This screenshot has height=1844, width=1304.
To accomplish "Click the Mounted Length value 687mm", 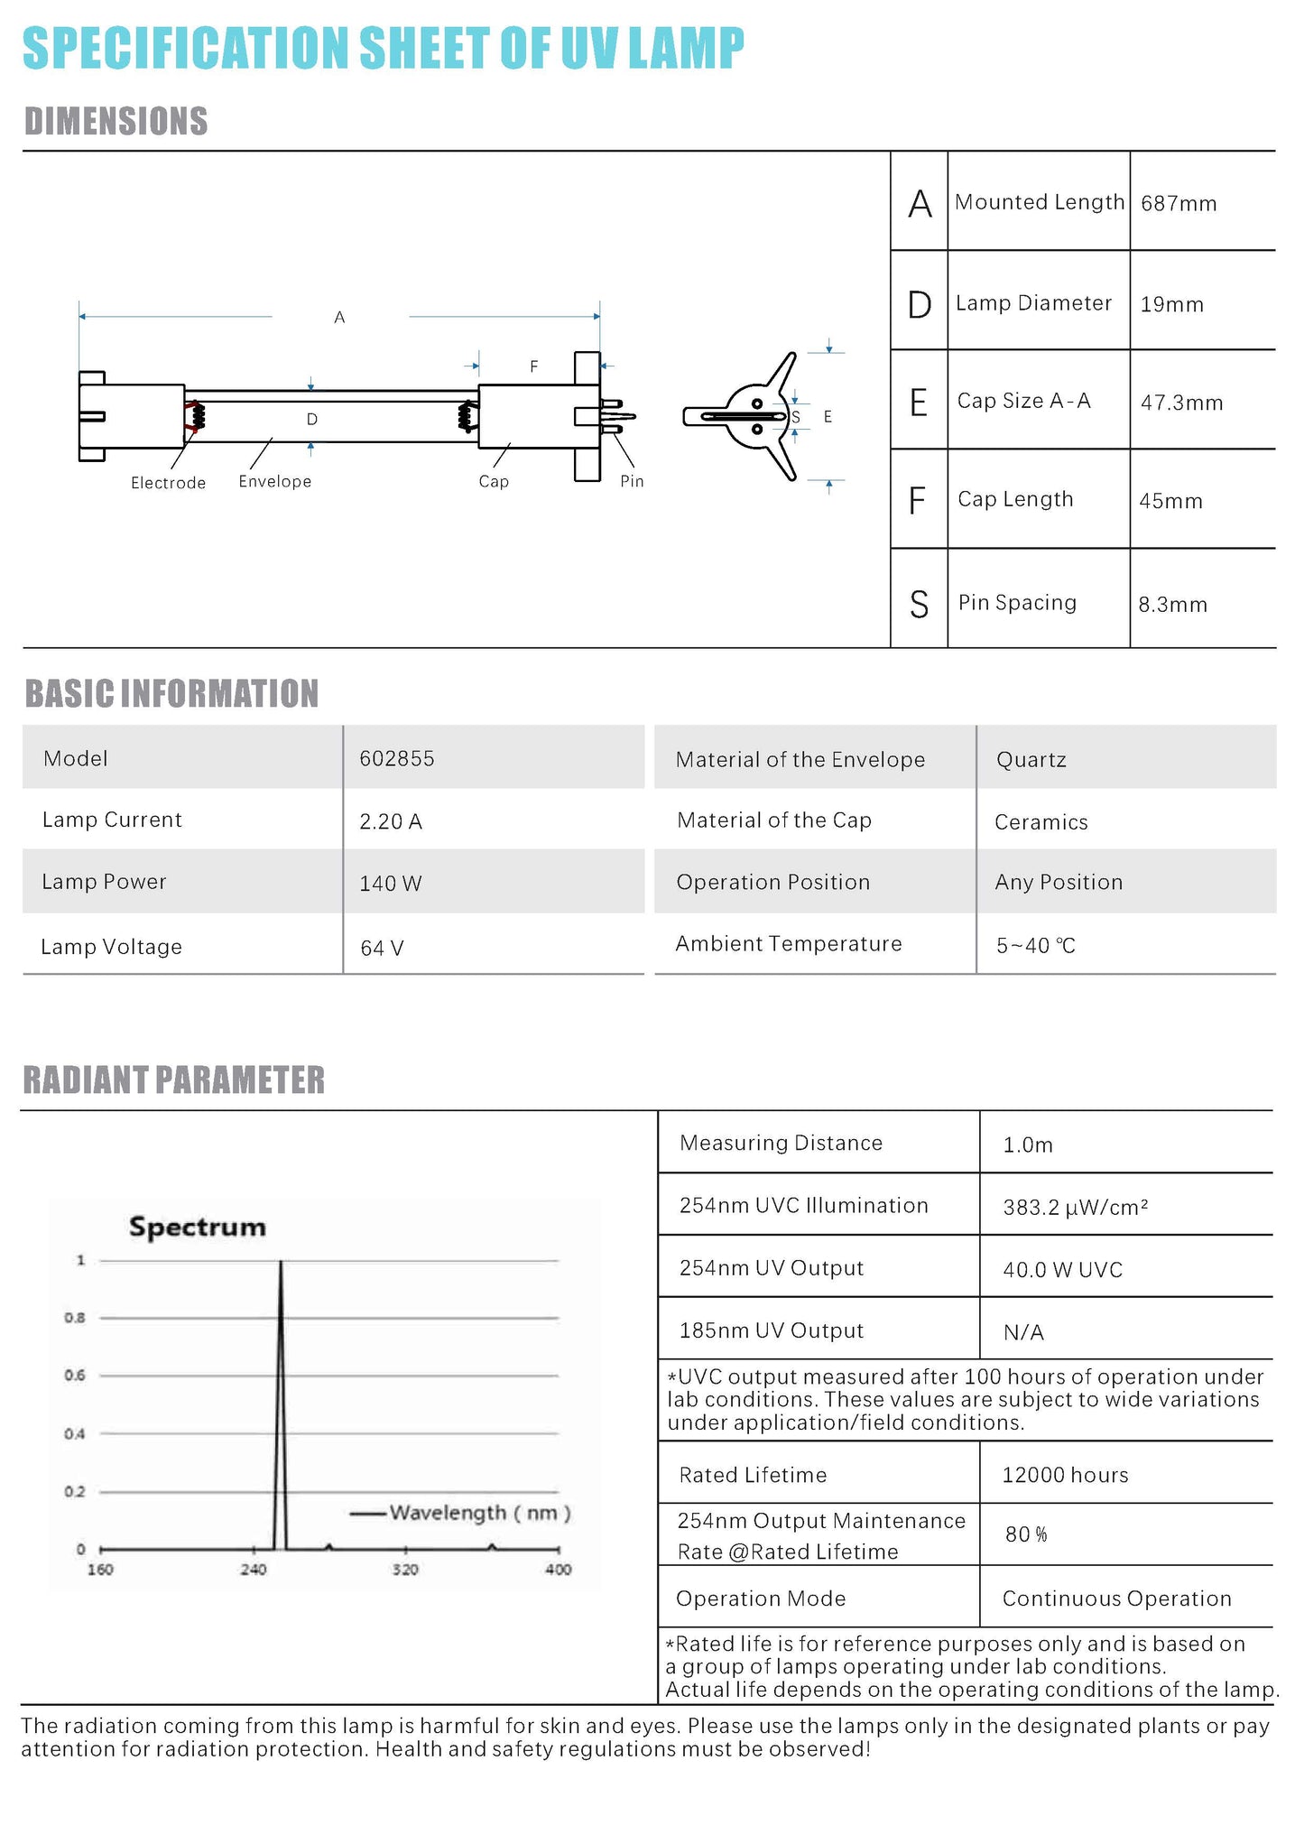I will (1178, 204).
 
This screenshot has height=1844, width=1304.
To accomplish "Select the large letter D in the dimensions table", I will (919, 305).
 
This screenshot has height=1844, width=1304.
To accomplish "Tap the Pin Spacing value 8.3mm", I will (1172, 605).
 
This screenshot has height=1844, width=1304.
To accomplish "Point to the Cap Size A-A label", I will (1023, 401).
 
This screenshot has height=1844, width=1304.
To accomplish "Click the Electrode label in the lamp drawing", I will (168, 483).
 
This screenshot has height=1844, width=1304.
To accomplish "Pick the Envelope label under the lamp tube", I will (274, 482).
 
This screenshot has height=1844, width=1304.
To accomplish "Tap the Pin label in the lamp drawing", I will (632, 482).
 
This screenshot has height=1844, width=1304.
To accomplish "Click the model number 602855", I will (397, 759).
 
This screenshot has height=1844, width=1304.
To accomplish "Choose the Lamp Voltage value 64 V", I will (382, 949).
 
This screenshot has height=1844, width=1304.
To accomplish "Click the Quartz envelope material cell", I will (1031, 760).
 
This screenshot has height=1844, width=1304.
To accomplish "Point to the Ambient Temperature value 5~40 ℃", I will (1035, 946).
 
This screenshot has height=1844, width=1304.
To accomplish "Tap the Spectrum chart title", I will (198, 1228).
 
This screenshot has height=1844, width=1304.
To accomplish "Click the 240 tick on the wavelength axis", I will (254, 1570).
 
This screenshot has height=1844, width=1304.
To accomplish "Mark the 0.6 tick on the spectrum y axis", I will (75, 1376).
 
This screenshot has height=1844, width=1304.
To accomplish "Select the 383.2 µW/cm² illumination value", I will (1075, 1208).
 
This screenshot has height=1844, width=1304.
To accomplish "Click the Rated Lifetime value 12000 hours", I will (1065, 1475).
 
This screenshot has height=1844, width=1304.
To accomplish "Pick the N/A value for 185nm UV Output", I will (1023, 1332).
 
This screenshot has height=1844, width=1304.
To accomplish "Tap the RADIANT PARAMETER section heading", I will (173, 1080).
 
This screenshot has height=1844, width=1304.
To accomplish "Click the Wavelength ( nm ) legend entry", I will (479, 1513).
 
